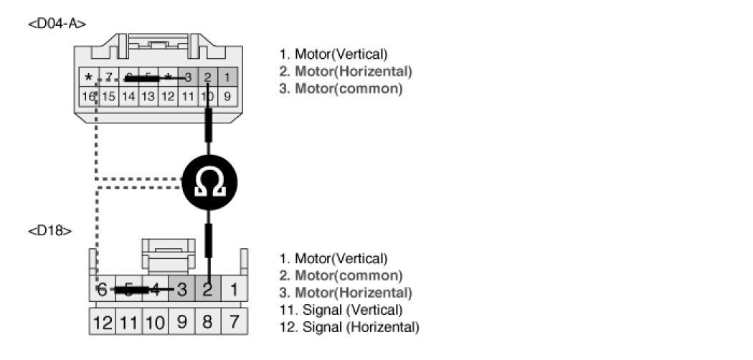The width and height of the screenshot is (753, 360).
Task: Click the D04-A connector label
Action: (x=57, y=24)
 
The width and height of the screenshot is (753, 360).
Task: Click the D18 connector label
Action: (x=49, y=231)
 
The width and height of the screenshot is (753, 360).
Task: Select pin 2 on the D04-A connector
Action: (x=207, y=77)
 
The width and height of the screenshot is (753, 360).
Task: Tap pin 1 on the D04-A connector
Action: (x=227, y=77)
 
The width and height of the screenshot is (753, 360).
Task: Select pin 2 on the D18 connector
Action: (x=207, y=290)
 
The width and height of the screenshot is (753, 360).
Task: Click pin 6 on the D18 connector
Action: (x=102, y=290)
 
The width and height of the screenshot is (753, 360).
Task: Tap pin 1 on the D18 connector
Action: (x=233, y=290)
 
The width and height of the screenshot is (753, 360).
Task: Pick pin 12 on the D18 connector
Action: (x=102, y=322)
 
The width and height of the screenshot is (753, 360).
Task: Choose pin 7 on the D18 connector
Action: (x=233, y=322)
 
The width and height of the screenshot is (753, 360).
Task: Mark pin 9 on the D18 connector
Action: (x=181, y=322)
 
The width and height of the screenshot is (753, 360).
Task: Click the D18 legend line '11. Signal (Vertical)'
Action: (x=341, y=310)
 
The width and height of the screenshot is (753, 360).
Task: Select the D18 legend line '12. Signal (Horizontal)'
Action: (x=349, y=327)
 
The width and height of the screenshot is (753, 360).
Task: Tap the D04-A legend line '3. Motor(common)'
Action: (x=341, y=89)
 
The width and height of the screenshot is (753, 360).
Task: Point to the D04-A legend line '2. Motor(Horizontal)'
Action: (x=346, y=72)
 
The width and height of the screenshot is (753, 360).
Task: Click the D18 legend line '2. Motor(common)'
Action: (x=341, y=275)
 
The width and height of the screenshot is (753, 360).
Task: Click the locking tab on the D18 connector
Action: (x=168, y=255)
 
